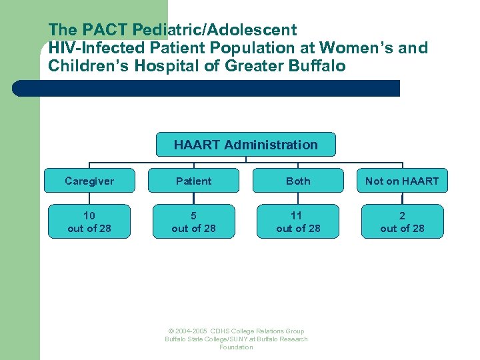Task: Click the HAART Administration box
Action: [245, 145]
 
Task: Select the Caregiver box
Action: [89, 181]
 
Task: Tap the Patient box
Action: [193, 181]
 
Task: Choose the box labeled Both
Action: [298, 181]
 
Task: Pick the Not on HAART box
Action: [402, 181]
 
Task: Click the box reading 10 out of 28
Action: [89, 221]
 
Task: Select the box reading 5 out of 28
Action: [193, 221]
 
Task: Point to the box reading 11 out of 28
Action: [298, 221]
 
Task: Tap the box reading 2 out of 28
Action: [402, 221]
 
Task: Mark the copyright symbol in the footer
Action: [171, 331]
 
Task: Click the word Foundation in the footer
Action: [236, 347]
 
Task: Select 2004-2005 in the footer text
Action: [191, 331]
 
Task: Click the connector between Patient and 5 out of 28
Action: [193, 198]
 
